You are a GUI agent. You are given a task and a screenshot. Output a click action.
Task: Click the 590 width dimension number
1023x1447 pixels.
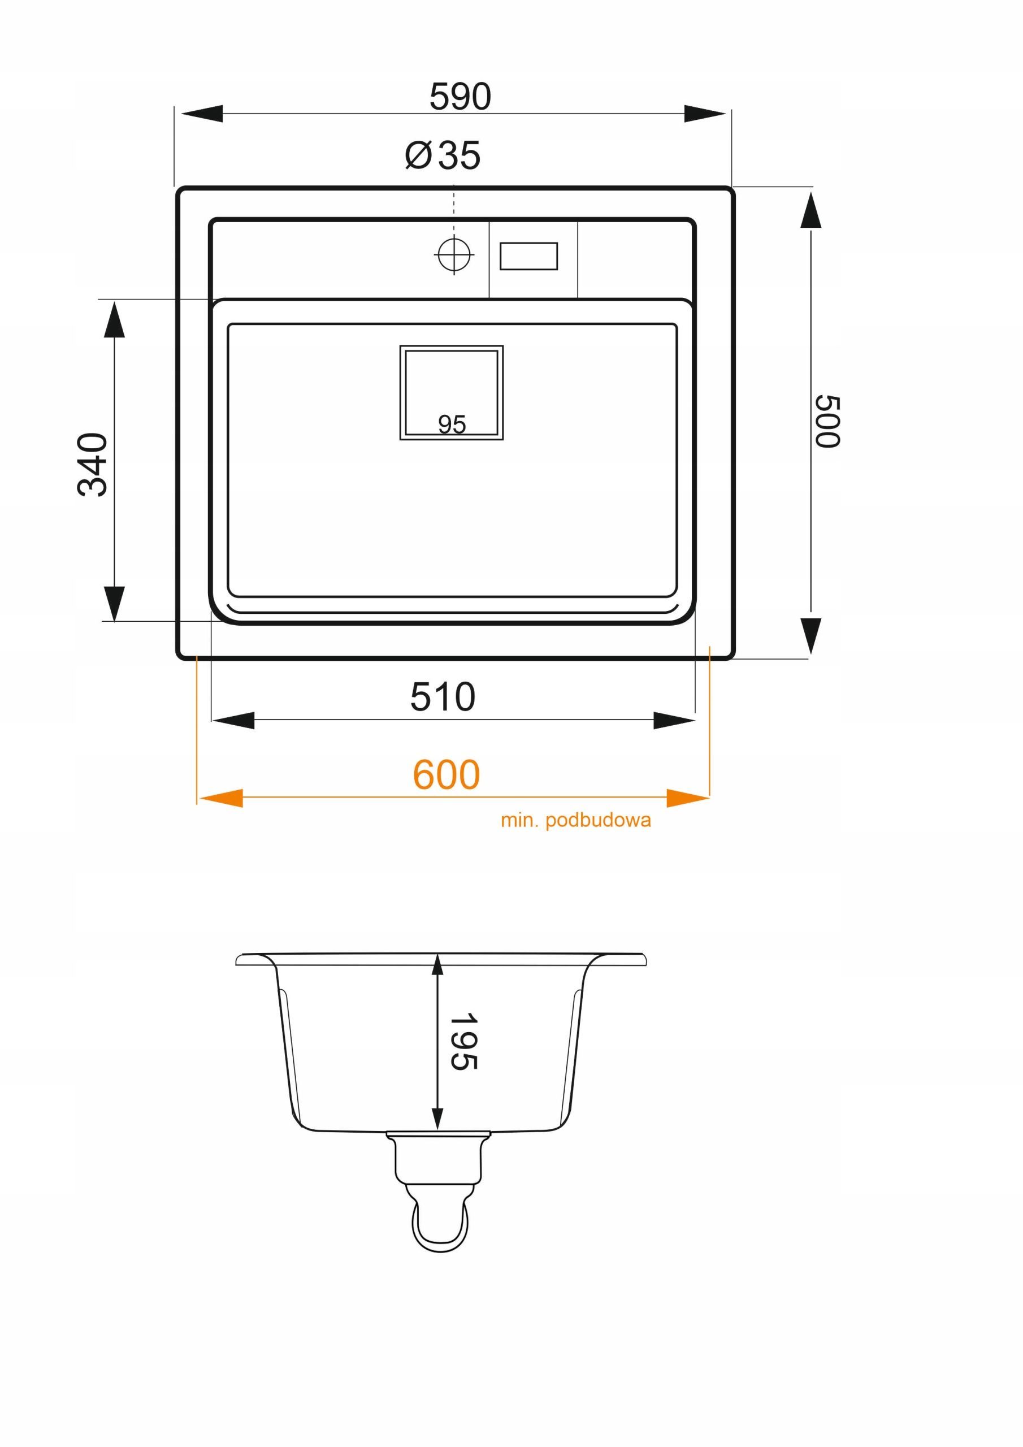(460, 97)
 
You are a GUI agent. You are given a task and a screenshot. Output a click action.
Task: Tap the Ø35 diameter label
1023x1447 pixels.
(443, 155)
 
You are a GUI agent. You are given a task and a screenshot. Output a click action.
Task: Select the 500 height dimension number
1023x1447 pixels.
(827, 422)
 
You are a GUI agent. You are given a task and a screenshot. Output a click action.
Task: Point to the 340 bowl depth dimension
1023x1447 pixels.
(93, 465)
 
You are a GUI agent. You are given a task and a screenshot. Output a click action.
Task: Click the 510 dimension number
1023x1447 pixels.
(443, 697)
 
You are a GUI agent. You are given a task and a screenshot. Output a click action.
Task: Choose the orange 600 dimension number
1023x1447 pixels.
(447, 774)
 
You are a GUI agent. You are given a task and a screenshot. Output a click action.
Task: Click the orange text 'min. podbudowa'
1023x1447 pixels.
(575, 820)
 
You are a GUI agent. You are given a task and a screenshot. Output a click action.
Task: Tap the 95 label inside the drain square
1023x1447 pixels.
(452, 424)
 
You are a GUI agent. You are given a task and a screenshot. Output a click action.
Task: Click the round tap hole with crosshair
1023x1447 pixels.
(454, 254)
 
